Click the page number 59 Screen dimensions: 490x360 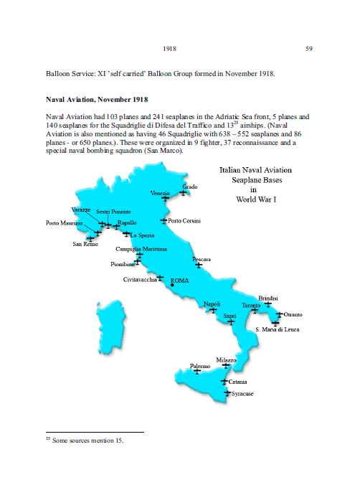click(308, 49)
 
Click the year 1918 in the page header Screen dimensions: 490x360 click(171, 49)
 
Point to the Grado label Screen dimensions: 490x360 click(190, 186)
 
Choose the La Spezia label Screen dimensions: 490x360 click(142, 235)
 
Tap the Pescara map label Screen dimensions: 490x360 click(202, 258)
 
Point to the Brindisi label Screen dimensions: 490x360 click(268, 298)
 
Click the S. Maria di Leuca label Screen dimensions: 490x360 click(288, 329)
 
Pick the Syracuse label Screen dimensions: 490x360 click(242, 395)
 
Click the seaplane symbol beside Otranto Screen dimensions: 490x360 click(279, 314)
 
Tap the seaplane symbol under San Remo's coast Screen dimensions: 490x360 click(90, 237)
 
